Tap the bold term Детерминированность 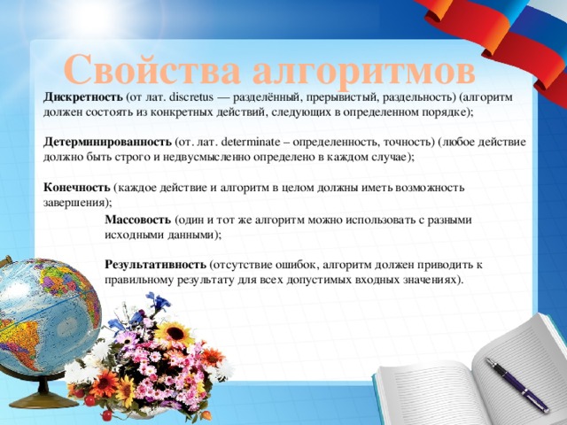107,142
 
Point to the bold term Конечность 76,188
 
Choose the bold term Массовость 137,219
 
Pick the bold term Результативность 156,265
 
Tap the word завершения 70,203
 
